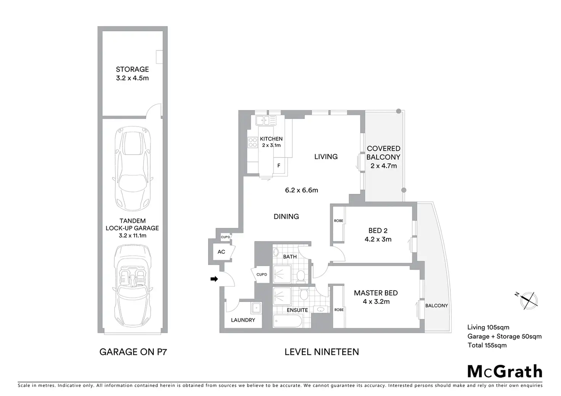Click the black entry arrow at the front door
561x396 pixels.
coord(214,279)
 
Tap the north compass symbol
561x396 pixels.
coord(527,299)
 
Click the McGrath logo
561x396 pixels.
coord(504,371)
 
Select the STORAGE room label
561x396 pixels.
coord(132,69)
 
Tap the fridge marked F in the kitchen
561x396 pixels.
coord(279,166)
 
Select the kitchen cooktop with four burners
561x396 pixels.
coord(252,143)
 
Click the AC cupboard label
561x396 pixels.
coord(221,252)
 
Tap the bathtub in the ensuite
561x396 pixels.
coord(287,321)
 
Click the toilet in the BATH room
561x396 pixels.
coord(300,275)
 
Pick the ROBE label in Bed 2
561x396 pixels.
coord(338,221)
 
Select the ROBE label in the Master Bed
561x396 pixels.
coord(339,310)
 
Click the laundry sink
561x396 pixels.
coord(256,307)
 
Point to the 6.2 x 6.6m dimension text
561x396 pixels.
coord(301,190)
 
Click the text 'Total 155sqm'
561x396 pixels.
coord(487,345)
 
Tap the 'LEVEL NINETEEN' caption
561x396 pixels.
coord(322,352)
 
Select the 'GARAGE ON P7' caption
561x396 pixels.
coord(133,352)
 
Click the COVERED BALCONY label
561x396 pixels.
coord(383,153)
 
